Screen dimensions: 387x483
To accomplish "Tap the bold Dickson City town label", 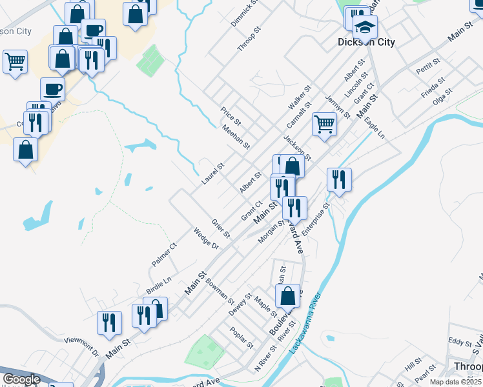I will (366, 43).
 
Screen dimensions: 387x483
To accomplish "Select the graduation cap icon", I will (365, 27).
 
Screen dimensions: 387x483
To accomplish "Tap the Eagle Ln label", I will (374, 128).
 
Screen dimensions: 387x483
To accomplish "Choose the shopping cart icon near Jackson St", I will (324, 124).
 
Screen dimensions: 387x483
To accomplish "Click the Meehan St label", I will (236, 137).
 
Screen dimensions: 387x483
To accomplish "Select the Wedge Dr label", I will (207, 238).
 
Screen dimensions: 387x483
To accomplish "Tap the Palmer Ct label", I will (164, 255).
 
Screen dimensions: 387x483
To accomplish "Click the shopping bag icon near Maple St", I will (288, 295).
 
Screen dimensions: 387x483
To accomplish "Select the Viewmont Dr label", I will (81, 346).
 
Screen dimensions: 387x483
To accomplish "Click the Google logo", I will (21, 379).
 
